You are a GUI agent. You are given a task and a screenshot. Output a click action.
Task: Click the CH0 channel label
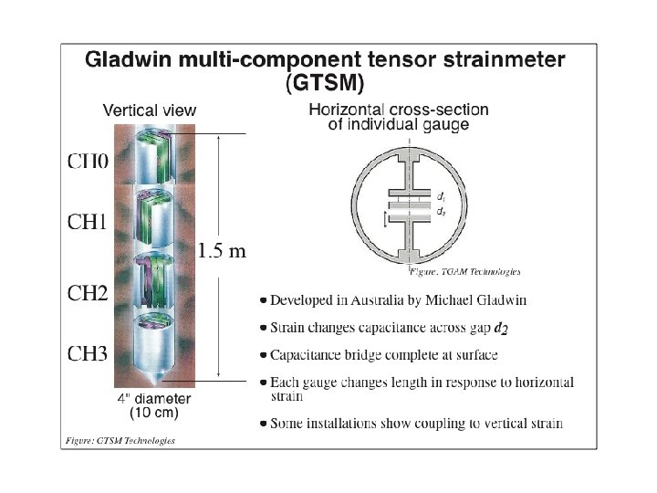88,162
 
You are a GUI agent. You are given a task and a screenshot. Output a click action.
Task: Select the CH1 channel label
88,222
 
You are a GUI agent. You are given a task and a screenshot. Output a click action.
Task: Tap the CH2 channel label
88,294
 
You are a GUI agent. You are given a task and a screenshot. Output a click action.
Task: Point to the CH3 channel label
88,354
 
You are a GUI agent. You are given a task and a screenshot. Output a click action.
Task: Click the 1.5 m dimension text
222,251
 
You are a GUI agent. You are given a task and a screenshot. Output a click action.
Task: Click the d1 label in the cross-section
441,196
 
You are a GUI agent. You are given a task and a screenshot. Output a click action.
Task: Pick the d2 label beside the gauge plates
441,211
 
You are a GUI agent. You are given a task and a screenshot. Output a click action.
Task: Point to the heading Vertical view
150,110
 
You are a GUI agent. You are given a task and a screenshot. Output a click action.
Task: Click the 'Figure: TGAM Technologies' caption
465,271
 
